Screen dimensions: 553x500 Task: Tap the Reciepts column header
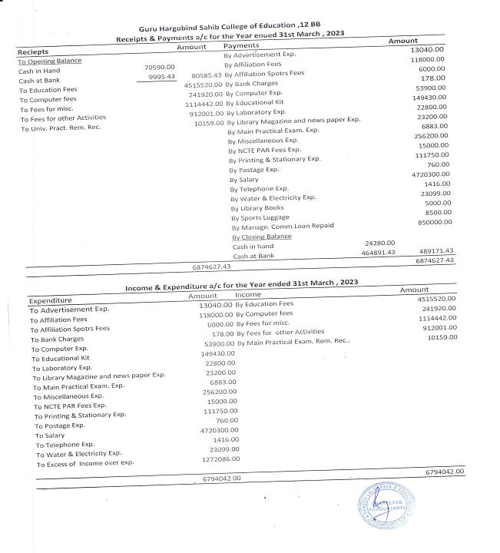click(33, 51)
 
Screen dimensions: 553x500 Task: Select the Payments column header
click(240, 47)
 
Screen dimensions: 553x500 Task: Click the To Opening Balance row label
click(49, 61)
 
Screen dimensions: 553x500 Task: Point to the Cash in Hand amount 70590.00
click(161, 68)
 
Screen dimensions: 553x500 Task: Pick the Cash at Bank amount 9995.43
click(161, 77)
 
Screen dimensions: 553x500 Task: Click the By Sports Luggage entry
click(260, 217)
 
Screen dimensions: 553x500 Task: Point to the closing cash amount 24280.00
click(379, 243)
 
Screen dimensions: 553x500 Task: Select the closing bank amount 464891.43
click(378, 252)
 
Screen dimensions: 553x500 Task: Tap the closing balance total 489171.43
click(435, 251)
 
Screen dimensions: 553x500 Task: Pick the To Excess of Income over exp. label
click(84, 463)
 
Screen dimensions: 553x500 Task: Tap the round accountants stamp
click(386, 508)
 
